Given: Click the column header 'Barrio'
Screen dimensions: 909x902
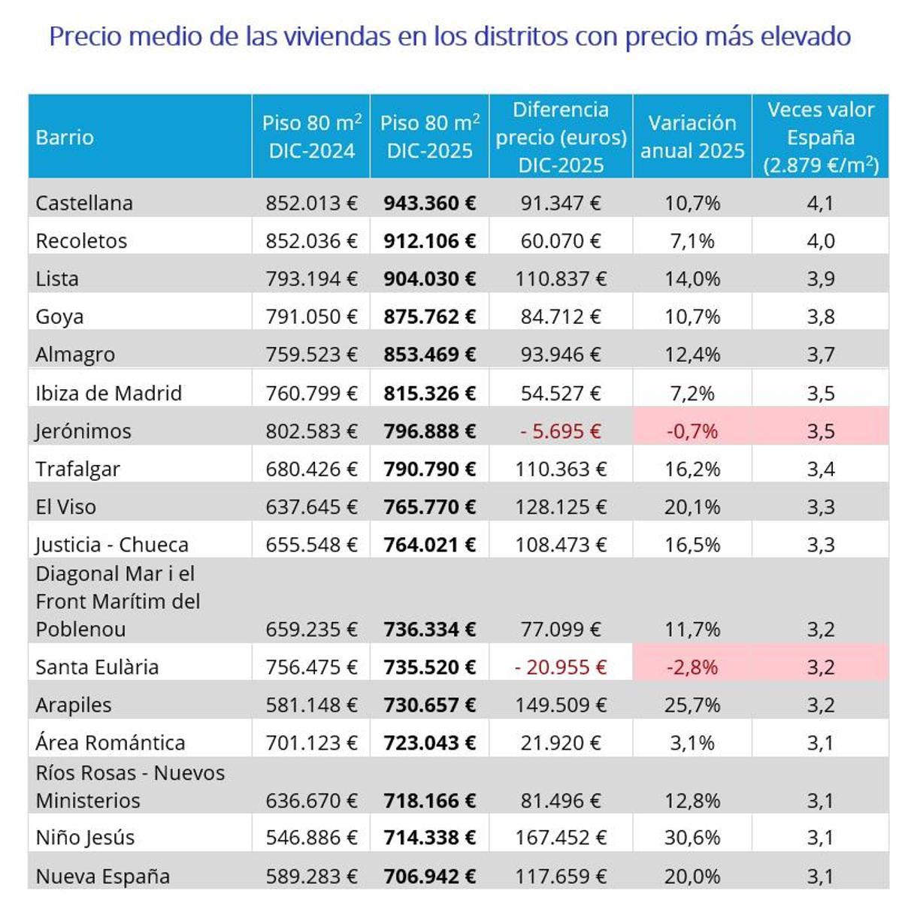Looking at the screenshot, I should pos(65,137).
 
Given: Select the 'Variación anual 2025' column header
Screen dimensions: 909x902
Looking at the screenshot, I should pos(692,137).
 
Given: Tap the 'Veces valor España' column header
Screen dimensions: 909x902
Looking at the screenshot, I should pos(820,137).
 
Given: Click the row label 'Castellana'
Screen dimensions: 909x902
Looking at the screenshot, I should pos(84,203).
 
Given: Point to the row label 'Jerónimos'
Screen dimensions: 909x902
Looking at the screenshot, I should pos(83,431).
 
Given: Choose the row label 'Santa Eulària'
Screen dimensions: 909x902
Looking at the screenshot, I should pos(97,667).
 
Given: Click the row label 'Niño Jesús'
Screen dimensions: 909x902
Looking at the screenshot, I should pos(85,838).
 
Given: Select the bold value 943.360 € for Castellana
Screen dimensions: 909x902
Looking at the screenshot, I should pos(429,203).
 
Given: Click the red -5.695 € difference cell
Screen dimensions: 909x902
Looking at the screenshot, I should pos(560,431).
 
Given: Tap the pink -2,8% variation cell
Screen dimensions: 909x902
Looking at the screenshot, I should pos(692,667).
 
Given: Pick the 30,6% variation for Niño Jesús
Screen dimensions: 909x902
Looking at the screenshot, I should pos(692,838).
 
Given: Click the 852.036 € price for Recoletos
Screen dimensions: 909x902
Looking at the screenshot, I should pos(311,241).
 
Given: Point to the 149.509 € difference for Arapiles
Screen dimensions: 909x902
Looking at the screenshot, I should pos(560,705).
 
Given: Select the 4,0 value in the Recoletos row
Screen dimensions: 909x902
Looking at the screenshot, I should pos(820,241).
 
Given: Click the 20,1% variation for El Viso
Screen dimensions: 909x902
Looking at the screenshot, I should pos(692,507).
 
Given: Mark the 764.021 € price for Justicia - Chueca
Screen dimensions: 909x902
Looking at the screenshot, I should pos(429,545).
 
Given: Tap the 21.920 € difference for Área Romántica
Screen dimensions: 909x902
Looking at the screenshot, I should pos(560,743).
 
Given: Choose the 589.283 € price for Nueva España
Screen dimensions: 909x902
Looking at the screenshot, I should pos(311,876).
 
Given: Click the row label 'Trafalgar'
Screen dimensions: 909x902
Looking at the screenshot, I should pos(77,470).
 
